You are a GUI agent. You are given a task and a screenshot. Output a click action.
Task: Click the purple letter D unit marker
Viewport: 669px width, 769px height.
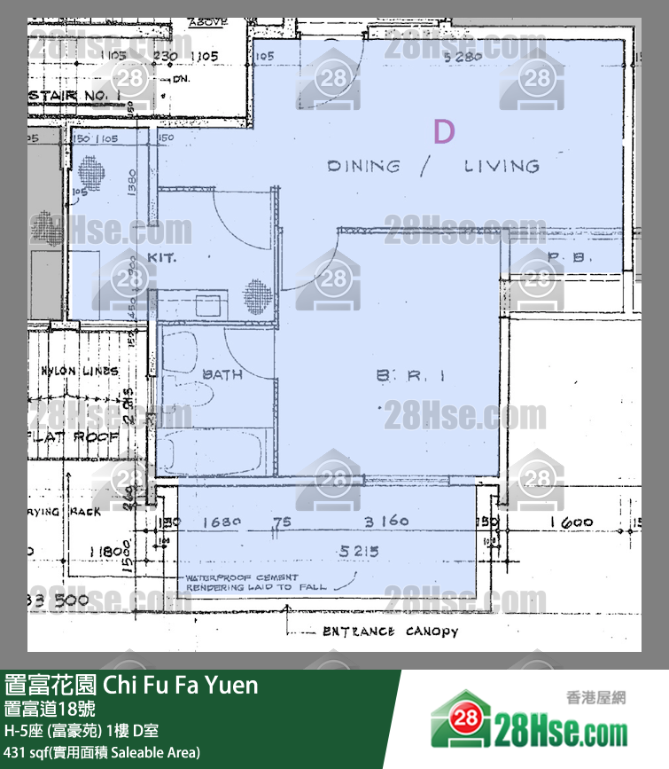point(444,132)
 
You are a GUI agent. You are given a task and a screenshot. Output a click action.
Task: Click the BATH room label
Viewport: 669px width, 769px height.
point(222,374)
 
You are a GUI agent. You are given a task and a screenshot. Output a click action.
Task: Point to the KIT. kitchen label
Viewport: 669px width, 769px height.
point(162,257)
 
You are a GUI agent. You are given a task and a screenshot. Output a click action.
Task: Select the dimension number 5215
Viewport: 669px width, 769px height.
point(359,551)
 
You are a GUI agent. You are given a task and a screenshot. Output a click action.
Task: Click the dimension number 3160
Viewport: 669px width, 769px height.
point(386,522)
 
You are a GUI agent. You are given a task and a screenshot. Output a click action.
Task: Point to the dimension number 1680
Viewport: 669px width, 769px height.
point(222,522)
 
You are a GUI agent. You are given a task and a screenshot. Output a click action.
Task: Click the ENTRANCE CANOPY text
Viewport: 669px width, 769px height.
point(390,632)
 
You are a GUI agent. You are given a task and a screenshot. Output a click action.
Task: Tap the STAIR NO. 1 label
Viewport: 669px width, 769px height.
point(74,94)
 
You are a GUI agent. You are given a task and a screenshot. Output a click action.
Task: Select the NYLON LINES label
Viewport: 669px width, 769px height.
point(79,371)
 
